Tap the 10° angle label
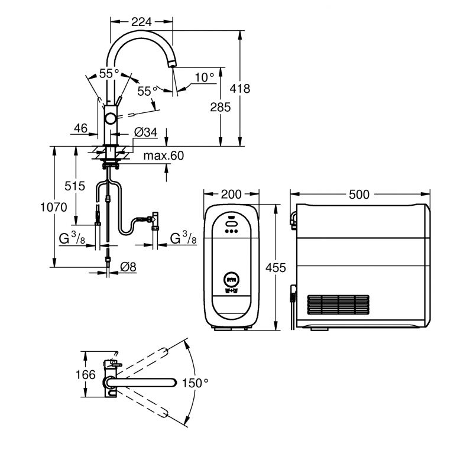(204, 77)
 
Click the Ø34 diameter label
(145, 132)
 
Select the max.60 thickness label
(164, 155)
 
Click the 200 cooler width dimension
(231, 195)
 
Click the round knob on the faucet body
(110, 119)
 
